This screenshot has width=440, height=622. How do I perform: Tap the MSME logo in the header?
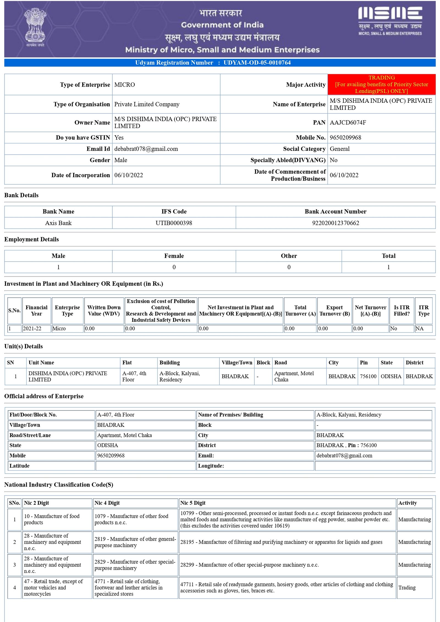pyautogui.click(x=390, y=21)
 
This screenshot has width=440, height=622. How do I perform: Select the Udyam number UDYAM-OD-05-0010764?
pyautogui.click(x=257, y=63)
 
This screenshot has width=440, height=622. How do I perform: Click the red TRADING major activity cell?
pyautogui.click(x=381, y=84)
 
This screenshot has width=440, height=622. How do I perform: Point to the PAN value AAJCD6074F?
pyautogui.click(x=348, y=123)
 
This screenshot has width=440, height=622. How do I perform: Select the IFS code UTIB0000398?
pyautogui.click(x=174, y=223)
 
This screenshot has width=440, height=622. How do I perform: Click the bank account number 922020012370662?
pyautogui.click(x=335, y=223)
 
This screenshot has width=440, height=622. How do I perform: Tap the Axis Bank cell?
pyautogui.click(x=58, y=223)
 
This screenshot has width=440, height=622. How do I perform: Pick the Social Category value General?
pyautogui.click(x=340, y=149)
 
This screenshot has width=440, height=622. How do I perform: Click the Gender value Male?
pyautogui.click(x=121, y=160)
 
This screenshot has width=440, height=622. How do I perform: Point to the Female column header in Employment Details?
pyautogui.click(x=174, y=256)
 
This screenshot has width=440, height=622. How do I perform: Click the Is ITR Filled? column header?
pyautogui.click(x=401, y=310)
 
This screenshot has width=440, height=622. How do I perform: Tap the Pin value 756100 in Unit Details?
pyautogui.click(x=368, y=376)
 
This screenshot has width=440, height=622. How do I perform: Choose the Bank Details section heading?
pyautogui.click(x=21, y=195)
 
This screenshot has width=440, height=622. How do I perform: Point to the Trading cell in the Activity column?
pyautogui.click(x=407, y=587)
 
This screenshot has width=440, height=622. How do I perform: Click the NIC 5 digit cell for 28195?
pyautogui.click(x=281, y=542)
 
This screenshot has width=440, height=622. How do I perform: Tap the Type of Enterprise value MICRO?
pyautogui.click(x=125, y=85)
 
